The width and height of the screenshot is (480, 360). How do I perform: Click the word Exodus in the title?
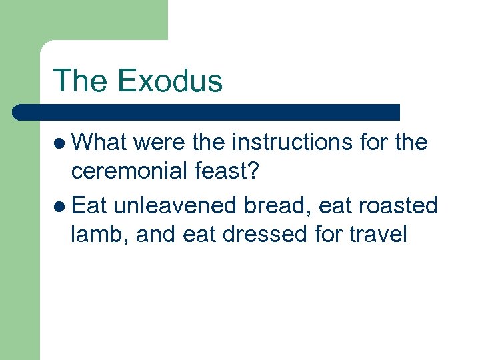(x=169, y=81)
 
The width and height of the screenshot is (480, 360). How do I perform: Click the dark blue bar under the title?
(x=207, y=112)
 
